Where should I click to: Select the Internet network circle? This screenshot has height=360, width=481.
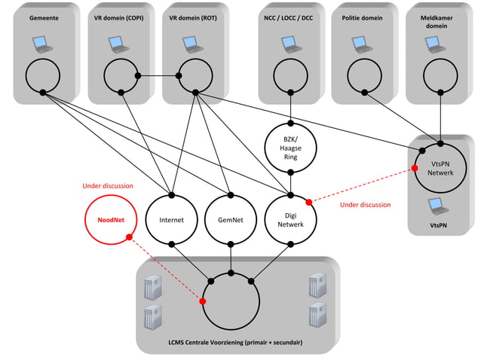click(x=172, y=221)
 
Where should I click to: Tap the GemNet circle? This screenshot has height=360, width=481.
click(x=231, y=221)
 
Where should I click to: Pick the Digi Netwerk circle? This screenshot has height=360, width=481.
click(x=290, y=220)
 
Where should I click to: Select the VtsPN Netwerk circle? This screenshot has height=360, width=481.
click(x=440, y=166)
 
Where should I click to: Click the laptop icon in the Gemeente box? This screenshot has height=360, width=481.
click(x=43, y=44)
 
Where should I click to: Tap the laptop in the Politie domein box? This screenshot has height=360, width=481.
click(x=363, y=44)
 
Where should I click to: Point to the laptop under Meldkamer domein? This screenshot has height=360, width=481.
click(x=438, y=44)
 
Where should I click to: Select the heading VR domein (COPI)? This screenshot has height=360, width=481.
click(x=118, y=17)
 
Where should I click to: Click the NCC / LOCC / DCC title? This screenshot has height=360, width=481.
click(x=290, y=17)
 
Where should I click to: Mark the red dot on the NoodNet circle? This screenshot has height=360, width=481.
click(x=129, y=237)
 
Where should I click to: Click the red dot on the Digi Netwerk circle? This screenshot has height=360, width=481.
click(x=308, y=202)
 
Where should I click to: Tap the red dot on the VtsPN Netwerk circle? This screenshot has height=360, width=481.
click(x=414, y=168)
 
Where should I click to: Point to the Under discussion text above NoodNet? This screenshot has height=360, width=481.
click(x=107, y=185)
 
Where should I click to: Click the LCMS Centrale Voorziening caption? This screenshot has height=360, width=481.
click(x=235, y=342)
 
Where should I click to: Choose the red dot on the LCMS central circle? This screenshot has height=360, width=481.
click(x=203, y=301)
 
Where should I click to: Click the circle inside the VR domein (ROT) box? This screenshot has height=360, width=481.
click(x=195, y=75)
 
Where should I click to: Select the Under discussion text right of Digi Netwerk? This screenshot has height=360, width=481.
click(x=365, y=205)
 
